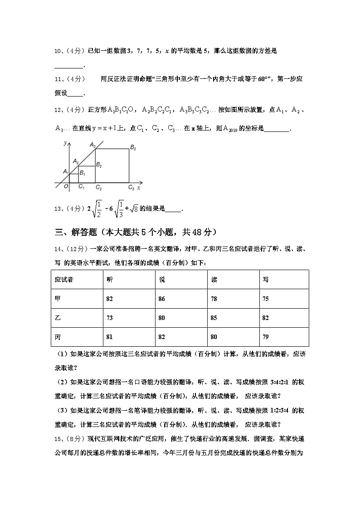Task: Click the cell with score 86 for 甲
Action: coord(162,299)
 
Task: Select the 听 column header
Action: coord(110,280)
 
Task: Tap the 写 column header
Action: coord(266,280)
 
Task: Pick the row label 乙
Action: coord(57,318)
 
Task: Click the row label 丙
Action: coord(57,337)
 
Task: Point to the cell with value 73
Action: coord(110,318)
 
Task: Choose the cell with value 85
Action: coord(214,318)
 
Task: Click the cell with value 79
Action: coord(266,337)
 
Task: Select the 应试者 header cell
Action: coord(64,280)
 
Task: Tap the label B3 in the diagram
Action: coord(133,148)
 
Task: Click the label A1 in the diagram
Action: coord(65,171)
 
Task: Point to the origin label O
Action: coord(66,186)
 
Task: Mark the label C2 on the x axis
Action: coord(98,187)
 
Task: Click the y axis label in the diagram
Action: coord(65,143)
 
